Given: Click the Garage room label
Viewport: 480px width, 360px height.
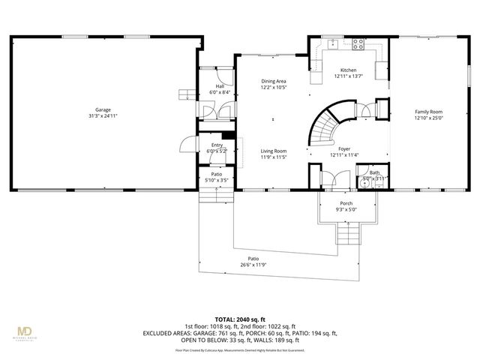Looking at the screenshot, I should coord(103,109).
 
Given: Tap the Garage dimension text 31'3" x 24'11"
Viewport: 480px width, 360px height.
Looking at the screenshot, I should coord(103,116).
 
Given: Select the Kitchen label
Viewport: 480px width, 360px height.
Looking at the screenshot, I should coord(346,70).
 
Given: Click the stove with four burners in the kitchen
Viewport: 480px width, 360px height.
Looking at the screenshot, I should coord(358,43).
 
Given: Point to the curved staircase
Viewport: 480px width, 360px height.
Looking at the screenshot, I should coord(327,127).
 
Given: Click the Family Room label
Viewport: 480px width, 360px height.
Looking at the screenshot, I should coord(430,112).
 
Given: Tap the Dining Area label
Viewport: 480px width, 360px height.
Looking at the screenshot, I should coord(273,81).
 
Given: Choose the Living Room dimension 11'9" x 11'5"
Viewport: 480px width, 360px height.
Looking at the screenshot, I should coord(273,157).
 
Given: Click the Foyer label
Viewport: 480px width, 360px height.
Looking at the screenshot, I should coord(344,149).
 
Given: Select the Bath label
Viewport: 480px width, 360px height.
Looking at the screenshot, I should coord(373,172).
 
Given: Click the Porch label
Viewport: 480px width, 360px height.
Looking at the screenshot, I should coord(346,203).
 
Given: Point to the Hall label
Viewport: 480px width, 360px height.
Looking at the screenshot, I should coord(219,86).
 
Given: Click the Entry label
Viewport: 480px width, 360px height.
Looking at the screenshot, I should coord(217,145).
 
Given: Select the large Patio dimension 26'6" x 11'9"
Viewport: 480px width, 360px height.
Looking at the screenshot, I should coord(253,265).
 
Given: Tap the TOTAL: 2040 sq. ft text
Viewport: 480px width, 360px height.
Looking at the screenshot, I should coord(239,318).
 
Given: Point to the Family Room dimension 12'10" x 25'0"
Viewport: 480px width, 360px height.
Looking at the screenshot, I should coord(430,118).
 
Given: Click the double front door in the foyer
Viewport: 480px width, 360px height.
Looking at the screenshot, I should coord(330,181).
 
